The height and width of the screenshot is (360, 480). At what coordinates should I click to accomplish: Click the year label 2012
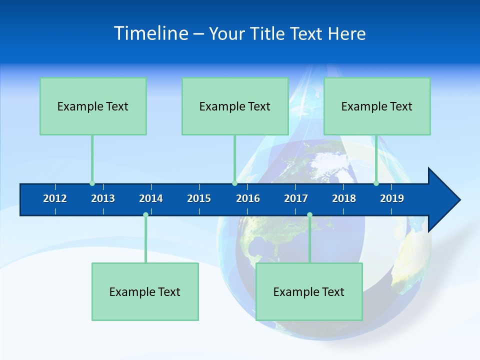tap(55, 198)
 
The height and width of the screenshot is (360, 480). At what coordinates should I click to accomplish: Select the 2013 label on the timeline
tap(103, 198)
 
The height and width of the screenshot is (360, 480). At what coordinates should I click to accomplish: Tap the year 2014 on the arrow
tap(151, 198)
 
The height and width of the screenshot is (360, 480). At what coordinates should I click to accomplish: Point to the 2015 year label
tap(199, 198)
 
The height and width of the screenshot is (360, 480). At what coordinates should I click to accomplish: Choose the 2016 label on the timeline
tap(248, 198)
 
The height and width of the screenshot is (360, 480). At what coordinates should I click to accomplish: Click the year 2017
tap(296, 198)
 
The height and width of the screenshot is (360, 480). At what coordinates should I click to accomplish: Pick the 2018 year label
tap(344, 198)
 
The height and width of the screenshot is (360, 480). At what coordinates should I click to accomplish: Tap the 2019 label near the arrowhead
tap(392, 198)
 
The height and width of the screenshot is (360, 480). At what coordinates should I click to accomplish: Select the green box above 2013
tap(93, 106)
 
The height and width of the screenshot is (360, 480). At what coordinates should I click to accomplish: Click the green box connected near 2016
tap(235, 106)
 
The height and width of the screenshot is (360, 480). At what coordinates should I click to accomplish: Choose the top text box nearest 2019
tap(377, 106)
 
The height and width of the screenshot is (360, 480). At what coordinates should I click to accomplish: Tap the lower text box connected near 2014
tap(145, 291)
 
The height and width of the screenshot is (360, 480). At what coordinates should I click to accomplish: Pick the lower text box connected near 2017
tap(309, 291)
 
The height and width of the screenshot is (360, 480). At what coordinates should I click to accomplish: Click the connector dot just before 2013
tap(92, 183)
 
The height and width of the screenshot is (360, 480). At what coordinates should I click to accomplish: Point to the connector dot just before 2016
tap(234, 183)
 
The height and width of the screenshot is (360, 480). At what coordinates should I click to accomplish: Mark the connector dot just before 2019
tap(376, 183)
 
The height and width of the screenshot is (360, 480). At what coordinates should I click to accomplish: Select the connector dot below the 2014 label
tap(145, 215)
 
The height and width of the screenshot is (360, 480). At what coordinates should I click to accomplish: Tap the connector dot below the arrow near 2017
tap(309, 215)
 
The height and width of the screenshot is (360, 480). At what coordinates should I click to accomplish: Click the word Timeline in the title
tap(151, 33)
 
